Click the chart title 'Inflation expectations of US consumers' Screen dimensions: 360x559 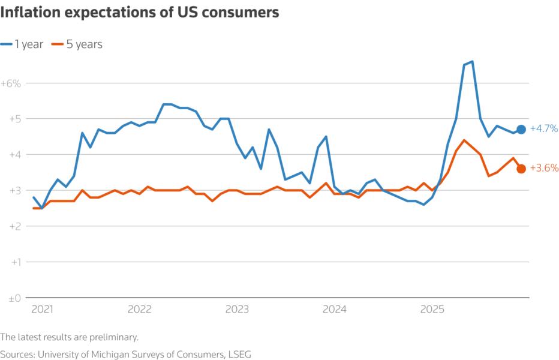click(x=140, y=13)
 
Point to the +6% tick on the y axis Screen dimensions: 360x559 click(x=11, y=83)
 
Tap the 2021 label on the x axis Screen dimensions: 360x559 click(x=42, y=310)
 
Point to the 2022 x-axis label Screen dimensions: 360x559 click(x=140, y=310)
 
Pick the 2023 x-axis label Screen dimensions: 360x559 click(x=237, y=310)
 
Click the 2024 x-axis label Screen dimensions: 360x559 click(x=335, y=310)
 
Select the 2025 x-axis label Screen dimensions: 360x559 click(x=432, y=310)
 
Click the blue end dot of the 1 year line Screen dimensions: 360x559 click(x=521, y=129)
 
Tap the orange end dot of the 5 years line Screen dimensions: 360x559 click(x=521, y=169)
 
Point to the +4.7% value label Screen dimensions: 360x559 click(x=544, y=129)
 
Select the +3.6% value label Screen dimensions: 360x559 click(x=544, y=169)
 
